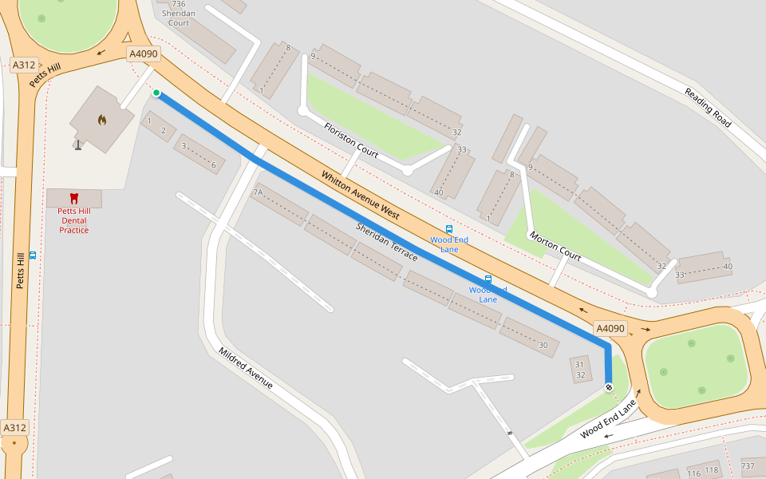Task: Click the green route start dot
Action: tap(156, 93)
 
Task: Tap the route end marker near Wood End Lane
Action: tap(609, 387)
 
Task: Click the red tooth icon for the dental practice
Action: tap(74, 197)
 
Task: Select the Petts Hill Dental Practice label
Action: tap(74, 220)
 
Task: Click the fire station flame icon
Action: tap(102, 120)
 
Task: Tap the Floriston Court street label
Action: tap(351, 139)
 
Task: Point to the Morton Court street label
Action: tap(555, 245)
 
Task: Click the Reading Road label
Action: tap(707, 107)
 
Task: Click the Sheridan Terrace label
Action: tap(386, 242)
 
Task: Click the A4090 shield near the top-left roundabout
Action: tap(144, 53)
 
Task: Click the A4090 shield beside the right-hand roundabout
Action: tap(610, 328)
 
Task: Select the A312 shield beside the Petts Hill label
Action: tap(24, 65)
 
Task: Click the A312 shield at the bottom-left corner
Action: tap(15, 428)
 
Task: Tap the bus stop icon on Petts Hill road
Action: tap(33, 255)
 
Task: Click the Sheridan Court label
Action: tap(179, 18)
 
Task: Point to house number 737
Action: tap(748, 466)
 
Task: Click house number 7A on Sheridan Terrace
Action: tap(258, 192)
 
